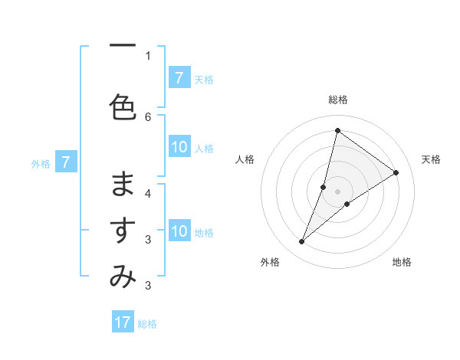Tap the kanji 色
(x=123, y=108)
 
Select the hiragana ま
(x=123, y=184)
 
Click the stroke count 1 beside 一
(x=148, y=55)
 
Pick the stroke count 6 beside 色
(x=148, y=116)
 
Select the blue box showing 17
(x=123, y=322)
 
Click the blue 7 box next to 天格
(x=179, y=77)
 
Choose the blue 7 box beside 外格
(x=67, y=162)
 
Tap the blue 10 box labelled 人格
(x=179, y=147)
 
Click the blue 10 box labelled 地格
(x=179, y=231)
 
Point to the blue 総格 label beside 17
(x=147, y=324)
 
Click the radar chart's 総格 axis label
(x=338, y=100)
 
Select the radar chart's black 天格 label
(x=431, y=159)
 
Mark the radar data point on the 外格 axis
(x=302, y=242)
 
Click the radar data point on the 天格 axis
(x=396, y=172)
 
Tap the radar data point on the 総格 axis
(x=337, y=130)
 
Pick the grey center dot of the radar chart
(x=337, y=191)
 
